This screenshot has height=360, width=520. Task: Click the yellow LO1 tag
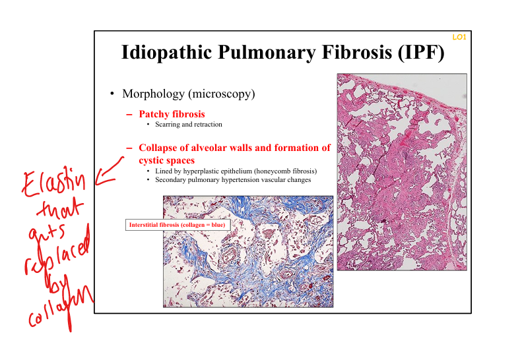tap(459, 37)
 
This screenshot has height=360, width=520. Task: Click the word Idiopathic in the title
tap(166, 52)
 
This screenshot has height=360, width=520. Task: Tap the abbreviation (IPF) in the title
tap(421, 52)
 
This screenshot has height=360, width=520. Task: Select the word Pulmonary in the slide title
tap(267, 52)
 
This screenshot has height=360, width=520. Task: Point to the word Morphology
tap(153, 94)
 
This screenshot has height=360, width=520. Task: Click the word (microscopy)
tap(222, 94)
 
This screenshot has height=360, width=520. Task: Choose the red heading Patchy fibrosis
tap(172, 114)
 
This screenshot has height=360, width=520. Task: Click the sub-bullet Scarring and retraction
tap(189, 125)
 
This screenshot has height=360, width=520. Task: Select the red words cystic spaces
tap(167, 160)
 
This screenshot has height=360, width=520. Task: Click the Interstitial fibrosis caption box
tap(178, 225)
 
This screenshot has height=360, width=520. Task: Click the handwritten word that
tap(59, 208)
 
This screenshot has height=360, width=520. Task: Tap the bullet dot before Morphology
tap(112, 94)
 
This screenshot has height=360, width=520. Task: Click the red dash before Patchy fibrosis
tap(129, 115)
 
